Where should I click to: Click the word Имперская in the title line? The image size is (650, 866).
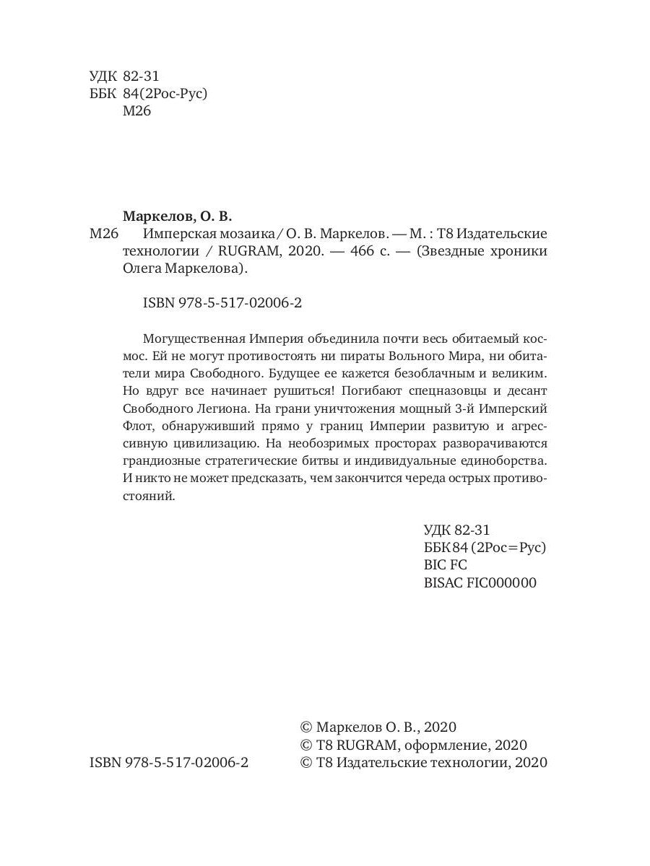(x=175, y=234)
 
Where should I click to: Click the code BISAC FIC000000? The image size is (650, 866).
(x=480, y=583)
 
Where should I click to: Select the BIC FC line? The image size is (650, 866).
(x=446, y=565)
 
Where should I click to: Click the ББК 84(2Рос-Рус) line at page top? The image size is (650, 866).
(x=148, y=94)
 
